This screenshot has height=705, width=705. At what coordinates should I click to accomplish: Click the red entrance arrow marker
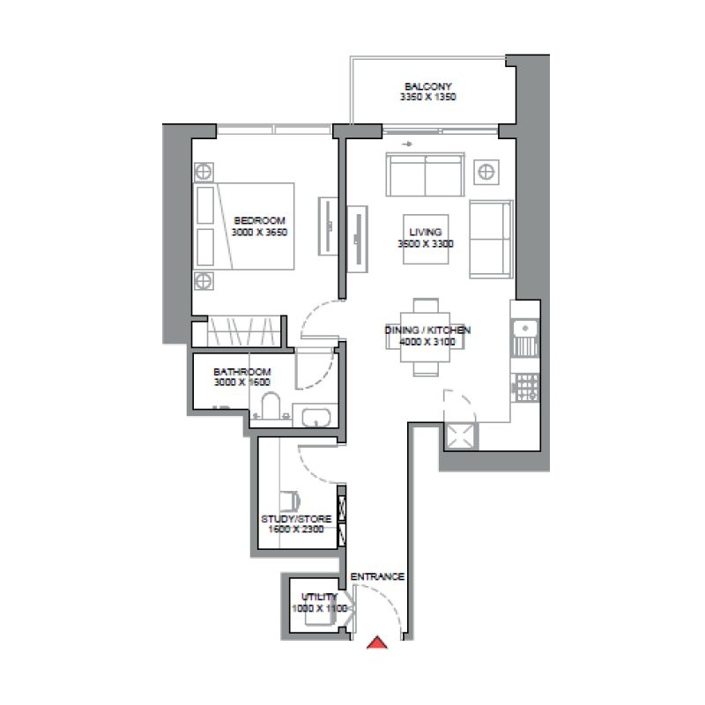(377, 643)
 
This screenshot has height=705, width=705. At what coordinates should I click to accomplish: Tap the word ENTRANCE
(377, 577)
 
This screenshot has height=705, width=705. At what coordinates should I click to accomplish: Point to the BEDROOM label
(260, 220)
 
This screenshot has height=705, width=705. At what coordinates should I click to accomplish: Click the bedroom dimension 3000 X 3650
(260, 233)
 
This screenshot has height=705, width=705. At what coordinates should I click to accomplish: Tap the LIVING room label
(426, 232)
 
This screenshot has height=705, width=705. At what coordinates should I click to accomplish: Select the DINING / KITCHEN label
(427, 330)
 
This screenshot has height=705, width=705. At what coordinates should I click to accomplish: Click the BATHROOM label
(242, 372)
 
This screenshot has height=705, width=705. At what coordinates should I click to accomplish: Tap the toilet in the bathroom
(271, 406)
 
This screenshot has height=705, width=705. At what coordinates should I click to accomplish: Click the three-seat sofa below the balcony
(426, 175)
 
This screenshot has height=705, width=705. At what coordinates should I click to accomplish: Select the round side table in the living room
(486, 170)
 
